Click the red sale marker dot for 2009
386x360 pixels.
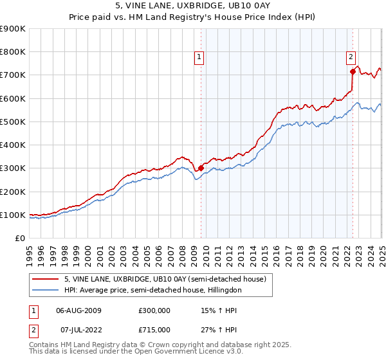tap(201, 168)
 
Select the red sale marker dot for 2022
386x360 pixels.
tap(353, 71)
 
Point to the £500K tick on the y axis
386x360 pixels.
tap(14, 122)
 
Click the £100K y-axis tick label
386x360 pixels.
tap(14, 215)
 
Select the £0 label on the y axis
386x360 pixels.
tap(20, 239)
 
